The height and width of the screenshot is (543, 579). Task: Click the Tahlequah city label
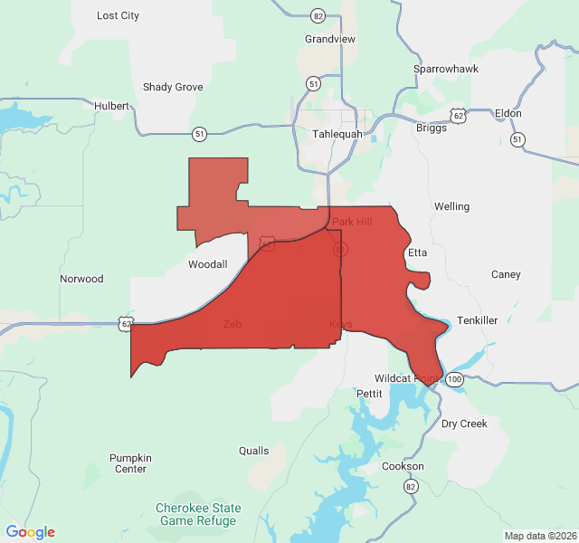(x=337, y=134)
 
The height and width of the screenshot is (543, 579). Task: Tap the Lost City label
(x=118, y=15)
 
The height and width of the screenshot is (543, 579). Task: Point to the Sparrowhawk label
(x=445, y=69)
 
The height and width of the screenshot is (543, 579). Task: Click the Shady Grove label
(x=173, y=87)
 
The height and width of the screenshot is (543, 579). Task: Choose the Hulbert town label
(x=112, y=106)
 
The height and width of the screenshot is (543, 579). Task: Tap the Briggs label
(x=432, y=128)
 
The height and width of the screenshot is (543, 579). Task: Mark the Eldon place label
(x=508, y=113)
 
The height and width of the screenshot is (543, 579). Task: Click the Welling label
(x=451, y=206)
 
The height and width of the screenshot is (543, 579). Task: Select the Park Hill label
(x=352, y=222)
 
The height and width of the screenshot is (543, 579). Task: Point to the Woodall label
(x=207, y=264)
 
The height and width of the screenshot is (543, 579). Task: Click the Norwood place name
(x=81, y=279)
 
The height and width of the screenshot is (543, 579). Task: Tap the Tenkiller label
(x=477, y=320)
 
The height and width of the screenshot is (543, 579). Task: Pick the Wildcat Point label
(x=407, y=377)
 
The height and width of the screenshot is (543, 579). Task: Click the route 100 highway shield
(x=454, y=379)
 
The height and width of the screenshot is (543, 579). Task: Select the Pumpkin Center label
(x=130, y=463)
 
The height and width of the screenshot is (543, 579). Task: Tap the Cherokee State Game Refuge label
(x=197, y=514)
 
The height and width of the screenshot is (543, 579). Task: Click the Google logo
(x=31, y=532)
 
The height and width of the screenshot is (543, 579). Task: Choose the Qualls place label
(x=253, y=451)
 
